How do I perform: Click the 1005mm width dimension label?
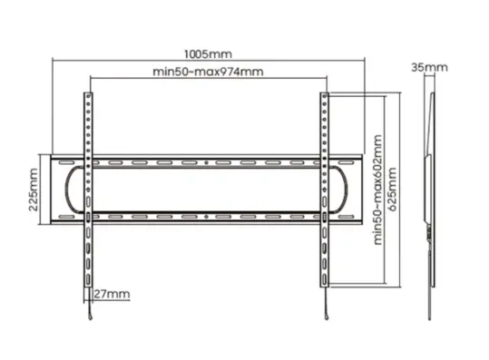pyautogui.click(x=208, y=54)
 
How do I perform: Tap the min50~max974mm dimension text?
pyautogui.click(x=208, y=72)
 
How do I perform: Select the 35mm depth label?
pyautogui.click(x=429, y=67)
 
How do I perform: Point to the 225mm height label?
pyautogui.click(x=34, y=190)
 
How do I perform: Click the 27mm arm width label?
pyautogui.click(x=112, y=294)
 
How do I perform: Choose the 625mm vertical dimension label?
pyautogui.click(x=392, y=190)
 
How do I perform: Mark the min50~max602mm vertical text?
pyautogui.click(x=377, y=190)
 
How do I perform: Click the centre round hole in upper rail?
pyautogui.click(x=206, y=162)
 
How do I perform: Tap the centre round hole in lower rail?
pyautogui.click(x=206, y=217)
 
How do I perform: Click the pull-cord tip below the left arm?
pyautogui.click(x=91, y=317)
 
